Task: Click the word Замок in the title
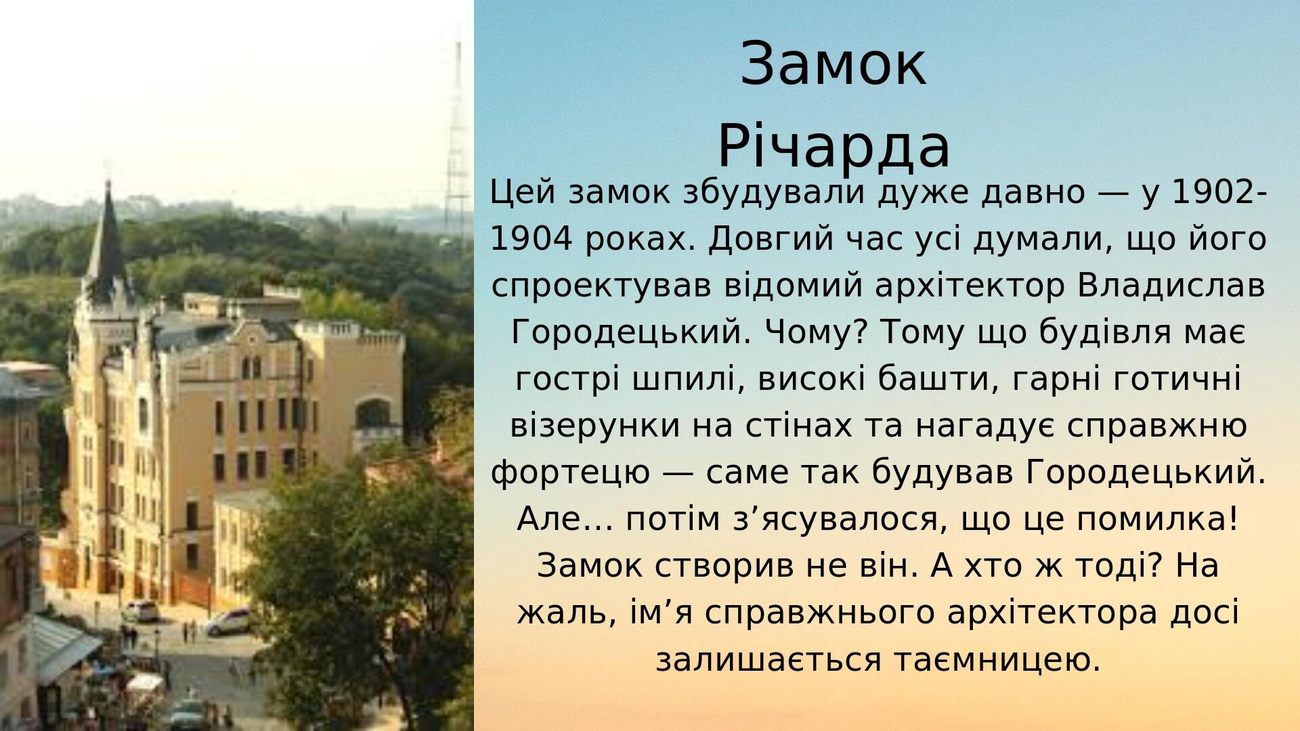pyautogui.click(x=833, y=64)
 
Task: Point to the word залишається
pyautogui.click(x=768, y=659)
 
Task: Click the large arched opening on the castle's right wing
pyautogui.click(x=374, y=413)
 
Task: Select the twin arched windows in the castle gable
pyautogui.click(x=251, y=367)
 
